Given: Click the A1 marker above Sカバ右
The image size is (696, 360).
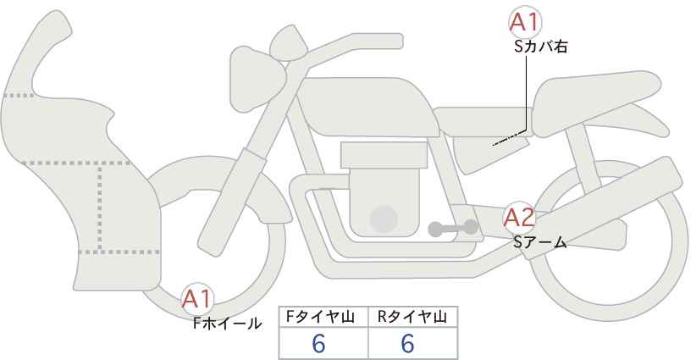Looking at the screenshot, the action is point(525,22).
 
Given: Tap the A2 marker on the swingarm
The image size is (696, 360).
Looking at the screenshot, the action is point(519,218).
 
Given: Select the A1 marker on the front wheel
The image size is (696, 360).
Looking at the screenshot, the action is point(197,299).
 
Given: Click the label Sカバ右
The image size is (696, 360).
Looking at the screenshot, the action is point(541,47).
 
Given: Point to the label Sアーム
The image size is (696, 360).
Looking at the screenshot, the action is point(540,242).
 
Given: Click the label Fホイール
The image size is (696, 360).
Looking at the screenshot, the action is point(227,324).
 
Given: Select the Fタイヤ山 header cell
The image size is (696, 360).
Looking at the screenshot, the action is point(323,317).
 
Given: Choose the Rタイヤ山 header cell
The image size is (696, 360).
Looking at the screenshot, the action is point(413,317).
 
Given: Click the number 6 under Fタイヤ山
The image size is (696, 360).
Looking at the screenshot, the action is point(318,343).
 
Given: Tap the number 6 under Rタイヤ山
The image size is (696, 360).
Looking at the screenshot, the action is point(407,343).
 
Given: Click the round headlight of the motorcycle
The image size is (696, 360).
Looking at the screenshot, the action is point(256,77).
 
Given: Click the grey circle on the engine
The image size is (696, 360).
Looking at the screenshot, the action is point(384,219).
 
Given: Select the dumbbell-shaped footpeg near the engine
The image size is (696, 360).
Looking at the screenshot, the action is point(453,228).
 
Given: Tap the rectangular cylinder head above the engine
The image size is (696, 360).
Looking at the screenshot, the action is point(384,155).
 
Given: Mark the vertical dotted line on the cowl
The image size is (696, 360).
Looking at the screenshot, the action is point(100,208).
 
